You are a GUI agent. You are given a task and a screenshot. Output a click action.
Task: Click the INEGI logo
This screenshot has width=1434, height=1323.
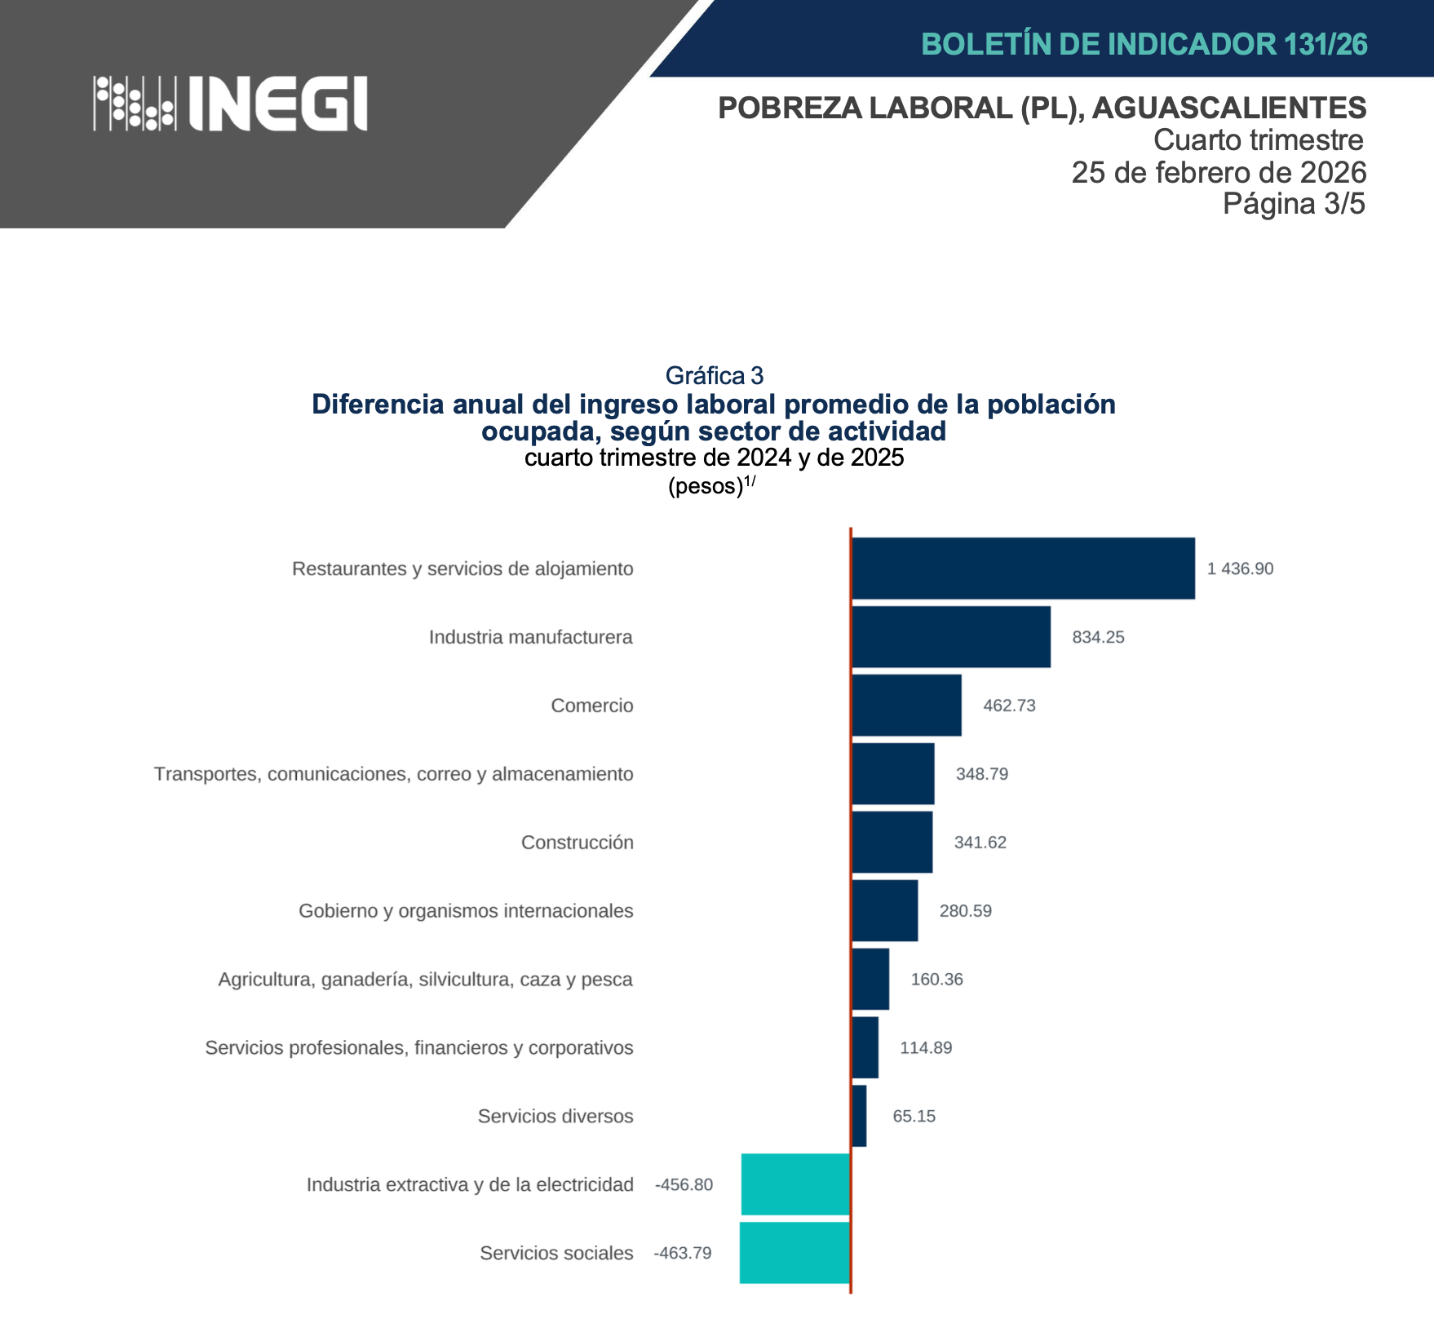point(230,104)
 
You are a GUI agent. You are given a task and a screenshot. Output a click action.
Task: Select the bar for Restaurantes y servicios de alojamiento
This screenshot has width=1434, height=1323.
point(1023,569)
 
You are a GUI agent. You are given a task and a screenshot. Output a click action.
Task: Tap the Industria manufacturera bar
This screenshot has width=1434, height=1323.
point(951,637)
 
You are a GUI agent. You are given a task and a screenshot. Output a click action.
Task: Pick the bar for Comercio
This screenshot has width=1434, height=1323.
point(906,706)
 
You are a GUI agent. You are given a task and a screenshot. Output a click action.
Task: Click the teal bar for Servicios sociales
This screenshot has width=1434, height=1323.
point(794,1253)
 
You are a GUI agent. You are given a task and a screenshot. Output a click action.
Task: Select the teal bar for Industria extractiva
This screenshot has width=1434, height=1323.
point(795,1184)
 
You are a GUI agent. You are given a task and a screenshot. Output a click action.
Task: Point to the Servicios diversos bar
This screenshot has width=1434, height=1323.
point(859,1116)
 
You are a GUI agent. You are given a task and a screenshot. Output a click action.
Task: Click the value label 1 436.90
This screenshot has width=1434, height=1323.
point(1240,569)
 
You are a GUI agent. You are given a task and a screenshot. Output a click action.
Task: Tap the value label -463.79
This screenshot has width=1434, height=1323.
point(683,1253)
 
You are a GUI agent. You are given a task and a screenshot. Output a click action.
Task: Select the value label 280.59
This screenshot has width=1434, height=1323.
point(965,911)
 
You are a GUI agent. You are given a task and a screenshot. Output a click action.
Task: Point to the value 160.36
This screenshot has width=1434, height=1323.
point(936,980)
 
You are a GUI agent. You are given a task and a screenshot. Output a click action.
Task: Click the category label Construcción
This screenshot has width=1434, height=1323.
point(577,843)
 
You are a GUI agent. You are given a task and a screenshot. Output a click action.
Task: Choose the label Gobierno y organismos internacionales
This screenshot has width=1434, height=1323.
point(466,911)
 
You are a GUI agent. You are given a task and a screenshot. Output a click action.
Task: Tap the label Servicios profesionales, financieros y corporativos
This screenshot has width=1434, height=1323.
point(419,1048)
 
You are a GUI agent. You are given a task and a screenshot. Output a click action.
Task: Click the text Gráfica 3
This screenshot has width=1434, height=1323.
point(715,375)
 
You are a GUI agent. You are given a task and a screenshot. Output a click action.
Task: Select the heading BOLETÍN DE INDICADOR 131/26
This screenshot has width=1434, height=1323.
point(1144,44)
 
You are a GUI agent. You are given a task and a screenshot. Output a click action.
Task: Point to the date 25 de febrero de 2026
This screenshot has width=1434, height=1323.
point(1219,172)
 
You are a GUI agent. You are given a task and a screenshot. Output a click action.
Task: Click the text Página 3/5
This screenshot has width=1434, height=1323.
point(1294,204)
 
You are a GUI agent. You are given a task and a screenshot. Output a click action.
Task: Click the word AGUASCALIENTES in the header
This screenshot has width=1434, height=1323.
point(1229,108)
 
